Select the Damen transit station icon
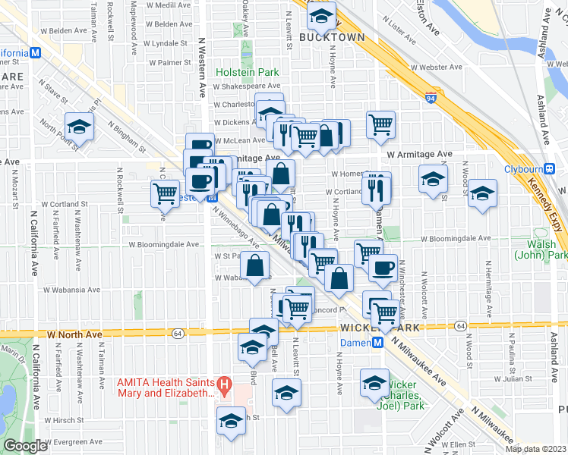[377, 343]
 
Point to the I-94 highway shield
[431, 99]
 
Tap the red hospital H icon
[223, 384]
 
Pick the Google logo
[25, 446]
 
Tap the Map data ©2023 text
[535, 449]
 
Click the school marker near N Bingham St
[78, 126]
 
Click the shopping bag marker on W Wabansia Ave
[254, 265]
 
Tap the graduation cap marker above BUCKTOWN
[322, 14]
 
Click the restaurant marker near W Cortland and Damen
[376, 189]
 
